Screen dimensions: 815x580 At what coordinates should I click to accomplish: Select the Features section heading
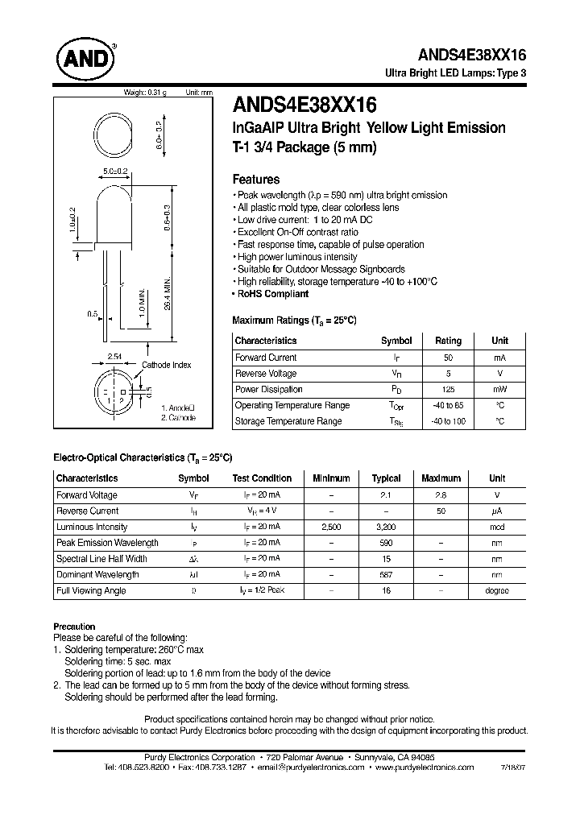(x=255, y=180)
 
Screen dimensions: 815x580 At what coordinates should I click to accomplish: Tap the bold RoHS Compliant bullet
(x=273, y=294)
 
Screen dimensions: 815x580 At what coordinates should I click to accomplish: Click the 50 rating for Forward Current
(x=448, y=358)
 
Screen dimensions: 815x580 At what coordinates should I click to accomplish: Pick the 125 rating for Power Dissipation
(x=448, y=389)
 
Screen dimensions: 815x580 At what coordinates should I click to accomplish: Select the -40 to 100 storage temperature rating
(x=448, y=421)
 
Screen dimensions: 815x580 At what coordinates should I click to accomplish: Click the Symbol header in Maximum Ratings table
(x=396, y=341)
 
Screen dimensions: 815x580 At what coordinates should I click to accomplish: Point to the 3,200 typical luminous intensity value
(x=386, y=527)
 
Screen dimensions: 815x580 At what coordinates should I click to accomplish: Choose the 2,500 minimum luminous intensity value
(x=331, y=527)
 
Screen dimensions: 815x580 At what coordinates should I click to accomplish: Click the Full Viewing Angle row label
(x=91, y=590)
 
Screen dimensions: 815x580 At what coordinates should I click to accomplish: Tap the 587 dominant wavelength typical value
(x=386, y=574)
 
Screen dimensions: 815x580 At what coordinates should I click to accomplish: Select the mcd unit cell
(x=497, y=527)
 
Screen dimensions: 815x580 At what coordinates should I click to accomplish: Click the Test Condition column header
(x=262, y=478)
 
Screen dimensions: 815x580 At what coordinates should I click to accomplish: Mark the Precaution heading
(x=74, y=626)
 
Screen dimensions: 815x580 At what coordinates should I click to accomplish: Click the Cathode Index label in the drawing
(x=167, y=365)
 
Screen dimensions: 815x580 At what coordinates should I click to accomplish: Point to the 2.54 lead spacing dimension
(x=115, y=355)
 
